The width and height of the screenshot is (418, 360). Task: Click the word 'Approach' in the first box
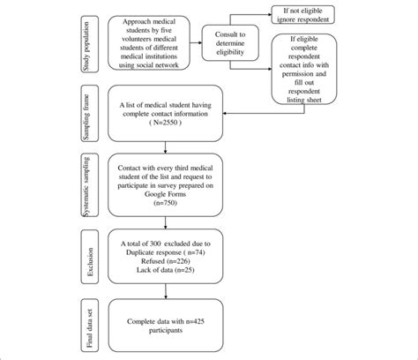138,20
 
